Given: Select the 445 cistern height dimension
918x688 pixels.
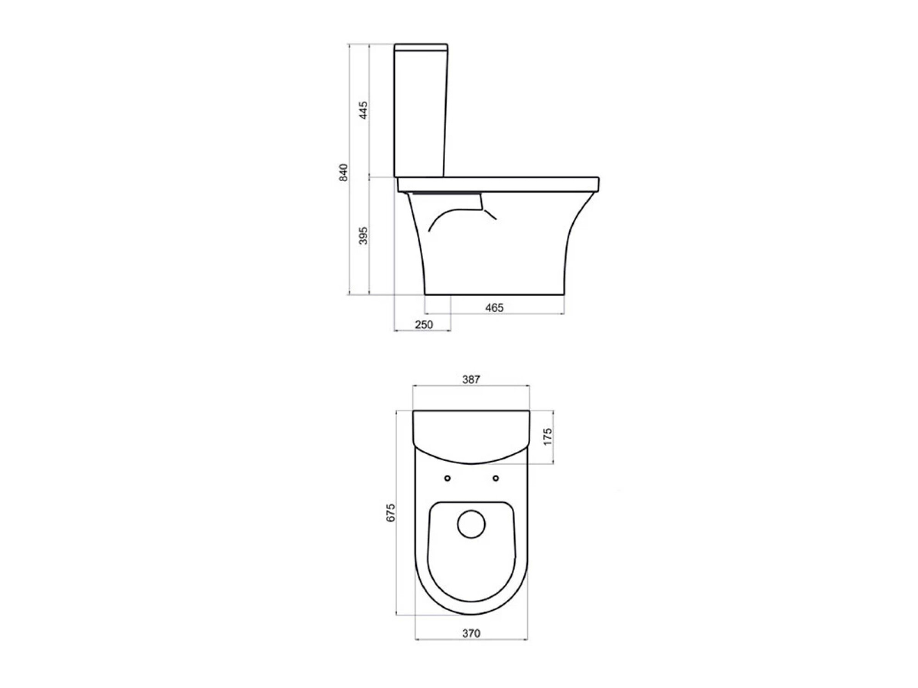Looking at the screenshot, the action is coord(363,111).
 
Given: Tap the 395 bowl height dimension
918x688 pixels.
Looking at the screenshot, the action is coord(363,235).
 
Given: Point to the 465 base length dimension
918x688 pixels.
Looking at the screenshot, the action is coord(494,308).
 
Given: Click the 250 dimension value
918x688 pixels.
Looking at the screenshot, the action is coord(424,325).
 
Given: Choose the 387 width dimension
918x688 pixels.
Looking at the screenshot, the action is coord(471,380).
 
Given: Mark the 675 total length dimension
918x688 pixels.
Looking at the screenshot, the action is coord(391,512).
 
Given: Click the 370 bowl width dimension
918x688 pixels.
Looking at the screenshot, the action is coord(471,633).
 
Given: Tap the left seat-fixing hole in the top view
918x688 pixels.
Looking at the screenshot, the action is coord(448,478).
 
